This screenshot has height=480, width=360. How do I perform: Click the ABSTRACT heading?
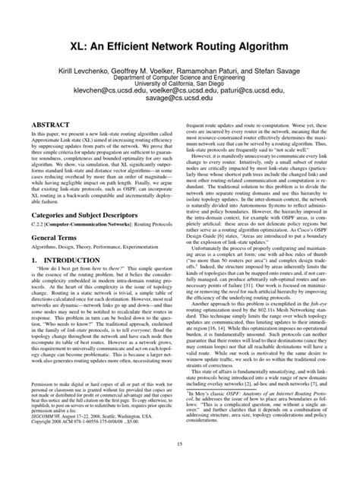click(50, 122)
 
